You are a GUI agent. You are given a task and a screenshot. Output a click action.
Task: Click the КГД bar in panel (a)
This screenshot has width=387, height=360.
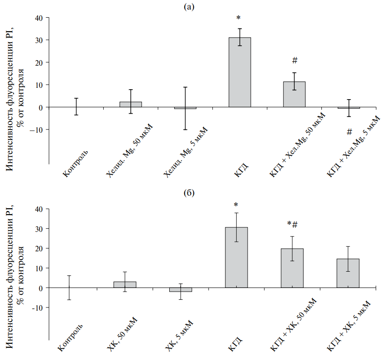239,72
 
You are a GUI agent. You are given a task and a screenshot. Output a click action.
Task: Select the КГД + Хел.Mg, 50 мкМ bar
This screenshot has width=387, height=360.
294,95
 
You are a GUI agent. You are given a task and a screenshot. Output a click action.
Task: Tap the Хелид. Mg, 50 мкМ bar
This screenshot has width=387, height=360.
130,105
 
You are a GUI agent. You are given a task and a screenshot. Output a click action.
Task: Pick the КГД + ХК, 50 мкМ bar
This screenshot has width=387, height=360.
292,268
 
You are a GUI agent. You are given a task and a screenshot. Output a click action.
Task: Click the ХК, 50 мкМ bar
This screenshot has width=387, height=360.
124,284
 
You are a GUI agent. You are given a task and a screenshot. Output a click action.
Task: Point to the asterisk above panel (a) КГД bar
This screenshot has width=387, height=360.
239,19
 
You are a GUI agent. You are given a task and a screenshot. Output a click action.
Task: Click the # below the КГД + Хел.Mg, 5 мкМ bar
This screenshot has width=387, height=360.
349,132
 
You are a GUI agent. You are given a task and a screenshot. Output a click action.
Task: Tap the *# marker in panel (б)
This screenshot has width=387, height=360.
292,224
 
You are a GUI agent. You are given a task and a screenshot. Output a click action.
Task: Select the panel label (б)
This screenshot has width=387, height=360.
189,193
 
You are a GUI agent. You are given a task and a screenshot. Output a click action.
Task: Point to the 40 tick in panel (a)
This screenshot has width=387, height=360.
39,18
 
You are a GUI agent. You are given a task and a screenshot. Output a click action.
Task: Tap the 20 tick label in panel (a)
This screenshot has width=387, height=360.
39,62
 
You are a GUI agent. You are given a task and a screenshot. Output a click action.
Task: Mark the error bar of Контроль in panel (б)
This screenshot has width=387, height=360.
69,288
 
